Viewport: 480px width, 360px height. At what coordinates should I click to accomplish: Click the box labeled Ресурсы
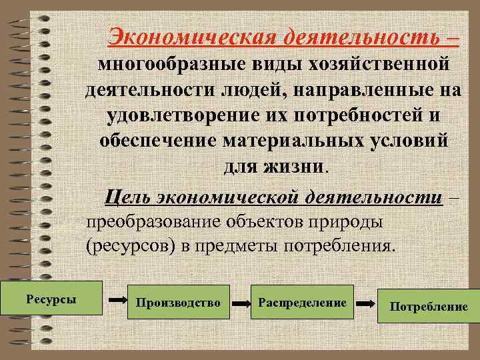pyautogui.click(x=51, y=297)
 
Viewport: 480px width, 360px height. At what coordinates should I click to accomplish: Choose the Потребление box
pyautogui.click(x=429, y=306)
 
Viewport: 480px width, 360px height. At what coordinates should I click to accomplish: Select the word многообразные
pyautogui.click(x=171, y=65)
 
